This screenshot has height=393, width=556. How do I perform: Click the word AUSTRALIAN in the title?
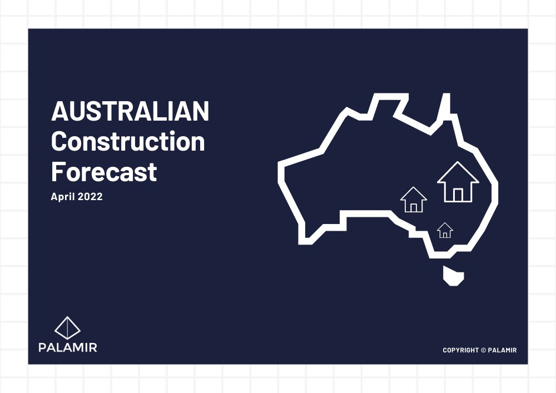coord(130,112)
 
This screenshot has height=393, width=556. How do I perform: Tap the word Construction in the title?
coord(128,142)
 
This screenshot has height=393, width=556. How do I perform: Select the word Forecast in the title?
coord(104,172)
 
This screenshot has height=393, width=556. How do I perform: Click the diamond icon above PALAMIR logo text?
coord(67,328)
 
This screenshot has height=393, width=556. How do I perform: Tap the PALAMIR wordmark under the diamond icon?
coord(67,348)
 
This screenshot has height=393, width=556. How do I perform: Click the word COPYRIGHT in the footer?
coord(460,350)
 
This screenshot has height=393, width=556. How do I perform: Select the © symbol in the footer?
coord(483,350)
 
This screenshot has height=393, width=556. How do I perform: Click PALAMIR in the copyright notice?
coord(503,350)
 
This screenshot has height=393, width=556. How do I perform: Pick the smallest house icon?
coord(445,230)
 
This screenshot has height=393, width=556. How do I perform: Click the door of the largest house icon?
coord(458,195)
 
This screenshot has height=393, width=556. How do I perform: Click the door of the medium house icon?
coord(414,207)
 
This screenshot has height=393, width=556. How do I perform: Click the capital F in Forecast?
coord(58,172)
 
